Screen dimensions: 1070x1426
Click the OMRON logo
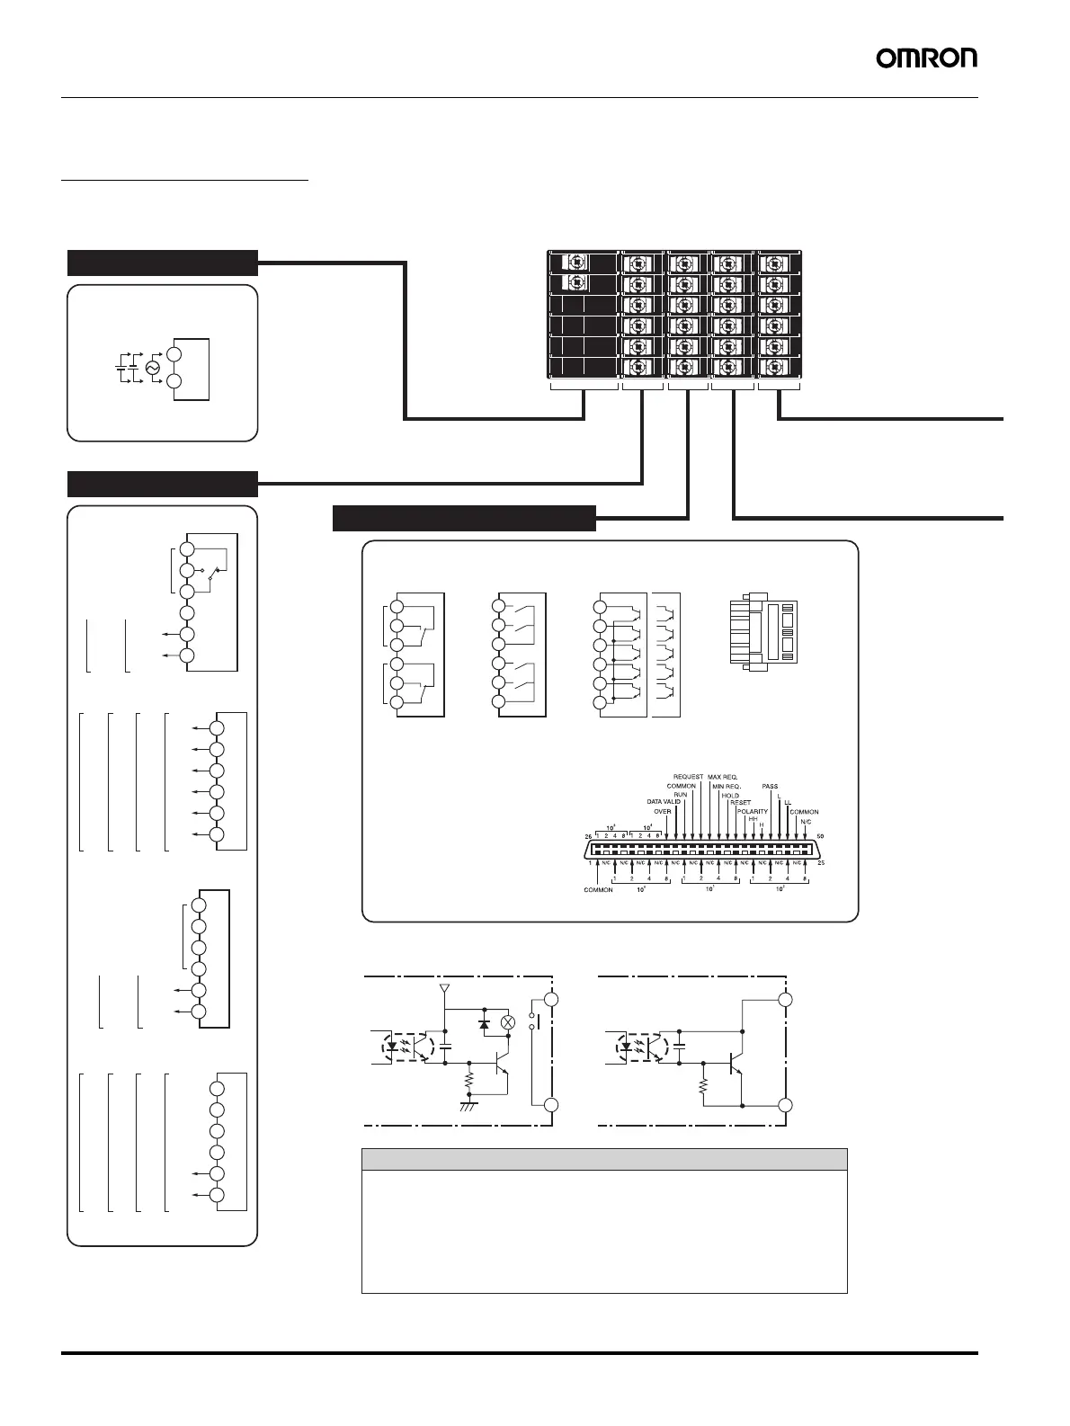pos(926,58)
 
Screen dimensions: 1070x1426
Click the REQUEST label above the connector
pos(688,776)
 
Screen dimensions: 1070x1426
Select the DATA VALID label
pos(664,801)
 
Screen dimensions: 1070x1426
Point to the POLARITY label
pos(753,811)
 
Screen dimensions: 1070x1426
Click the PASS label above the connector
pos(770,787)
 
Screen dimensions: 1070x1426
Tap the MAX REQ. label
pos(723,776)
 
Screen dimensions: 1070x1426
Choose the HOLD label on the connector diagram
pos(730,796)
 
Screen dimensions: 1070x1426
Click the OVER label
pos(663,811)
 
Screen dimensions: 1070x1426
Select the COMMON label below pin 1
pos(598,890)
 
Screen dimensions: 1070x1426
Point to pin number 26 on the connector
pos(588,836)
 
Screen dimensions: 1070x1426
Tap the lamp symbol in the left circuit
pos(507,1022)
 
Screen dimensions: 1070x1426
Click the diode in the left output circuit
pos(484,1023)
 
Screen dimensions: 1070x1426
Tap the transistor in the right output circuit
pos(736,1062)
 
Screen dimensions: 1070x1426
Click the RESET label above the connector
pos(740,803)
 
